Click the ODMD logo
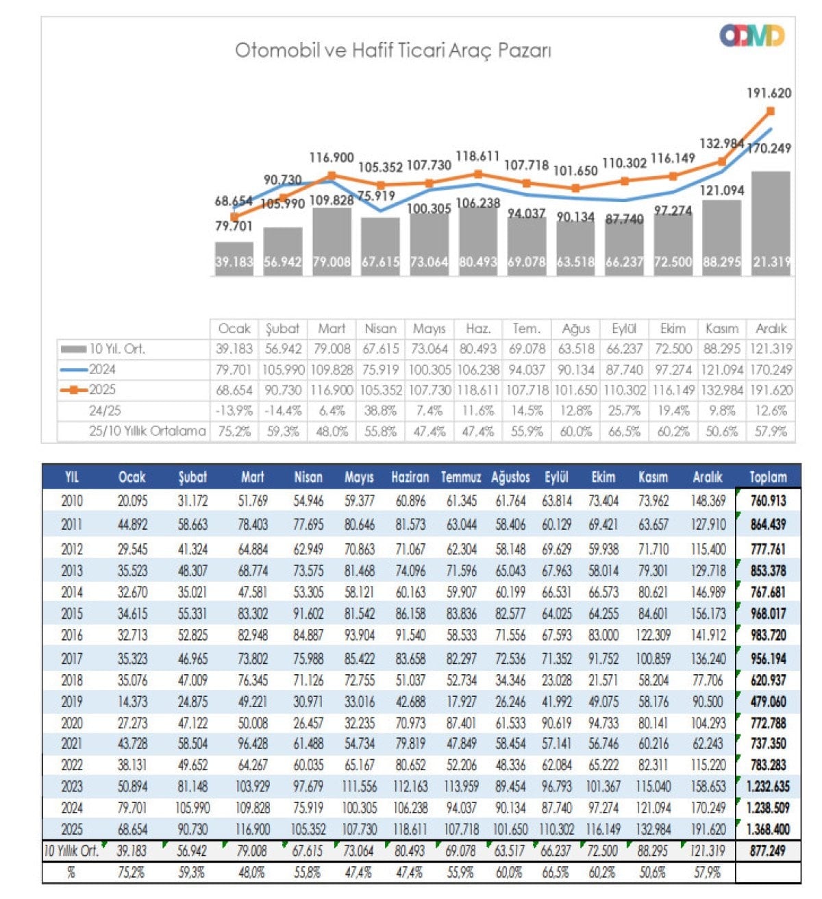(x=751, y=36)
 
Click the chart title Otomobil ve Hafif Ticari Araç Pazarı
(x=393, y=50)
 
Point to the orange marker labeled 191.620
(x=770, y=111)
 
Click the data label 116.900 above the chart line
(x=332, y=158)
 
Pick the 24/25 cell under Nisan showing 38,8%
(x=381, y=410)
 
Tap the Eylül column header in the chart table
(x=624, y=329)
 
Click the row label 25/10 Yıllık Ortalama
(x=147, y=431)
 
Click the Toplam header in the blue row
(x=768, y=477)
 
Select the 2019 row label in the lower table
(x=72, y=702)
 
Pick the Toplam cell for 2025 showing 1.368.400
(x=768, y=829)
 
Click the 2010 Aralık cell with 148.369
(x=708, y=501)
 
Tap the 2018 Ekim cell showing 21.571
(x=603, y=680)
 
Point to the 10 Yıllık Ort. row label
(x=71, y=851)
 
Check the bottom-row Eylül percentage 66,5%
(x=556, y=873)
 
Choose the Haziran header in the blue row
(x=410, y=477)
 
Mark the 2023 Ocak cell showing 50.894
(x=132, y=787)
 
